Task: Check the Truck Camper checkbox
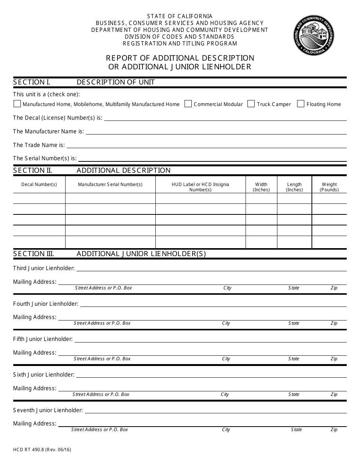[x=251, y=104]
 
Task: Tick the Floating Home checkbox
[x=301, y=104]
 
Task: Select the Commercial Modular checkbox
[x=188, y=104]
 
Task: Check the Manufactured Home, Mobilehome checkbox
[x=17, y=104]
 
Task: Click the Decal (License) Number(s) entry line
[x=225, y=118]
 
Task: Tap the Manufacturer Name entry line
[x=216, y=132]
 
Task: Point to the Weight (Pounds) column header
[x=329, y=187]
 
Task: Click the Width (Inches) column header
[x=261, y=187]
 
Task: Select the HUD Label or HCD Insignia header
[x=200, y=187]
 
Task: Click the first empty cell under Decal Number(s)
[x=39, y=199]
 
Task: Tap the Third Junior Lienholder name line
[x=211, y=269]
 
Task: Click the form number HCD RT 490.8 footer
[x=42, y=450]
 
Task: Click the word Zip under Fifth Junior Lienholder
[x=334, y=359]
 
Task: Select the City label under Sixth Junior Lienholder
[x=225, y=394]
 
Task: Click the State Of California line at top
[x=180, y=16]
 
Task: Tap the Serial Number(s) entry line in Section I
[x=212, y=159]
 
